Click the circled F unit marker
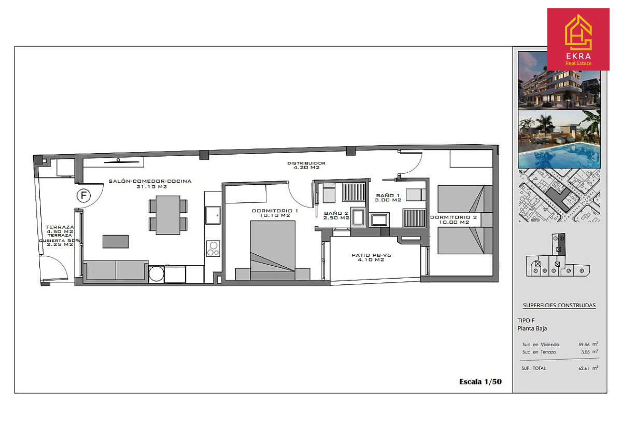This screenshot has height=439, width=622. (x=83, y=196)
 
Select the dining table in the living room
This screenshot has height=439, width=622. (x=168, y=215)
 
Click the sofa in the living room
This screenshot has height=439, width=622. (x=116, y=270)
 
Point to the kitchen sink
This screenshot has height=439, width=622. (x=213, y=215)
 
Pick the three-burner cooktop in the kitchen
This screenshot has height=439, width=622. (x=213, y=249)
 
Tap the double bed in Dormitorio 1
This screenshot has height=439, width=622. (x=273, y=250)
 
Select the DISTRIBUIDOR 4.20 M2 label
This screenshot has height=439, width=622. (x=306, y=165)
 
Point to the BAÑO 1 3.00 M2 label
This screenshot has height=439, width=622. (x=388, y=198)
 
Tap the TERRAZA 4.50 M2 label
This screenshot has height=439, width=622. (x=60, y=229)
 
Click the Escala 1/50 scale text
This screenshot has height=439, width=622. (x=480, y=382)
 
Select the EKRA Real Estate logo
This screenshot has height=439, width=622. (x=578, y=39)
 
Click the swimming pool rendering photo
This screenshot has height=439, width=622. (x=559, y=139)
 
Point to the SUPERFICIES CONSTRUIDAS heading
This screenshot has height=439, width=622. (x=559, y=305)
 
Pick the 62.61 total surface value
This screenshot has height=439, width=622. (x=584, y=368)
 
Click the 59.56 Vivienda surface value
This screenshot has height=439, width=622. (x=584, y=345)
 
